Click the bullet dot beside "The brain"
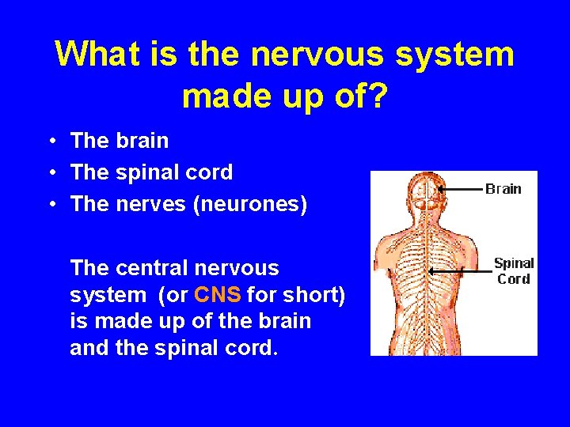click(x=50, y=142)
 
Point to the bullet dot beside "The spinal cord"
click(x=50, y=173)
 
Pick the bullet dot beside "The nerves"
click(x=50, y=205)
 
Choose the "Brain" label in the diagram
click(x=503, y=189)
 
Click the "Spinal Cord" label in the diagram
click(x=513, y=271)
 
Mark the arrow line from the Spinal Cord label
click(x=459, y=271)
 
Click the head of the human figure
click(x=427, y=194)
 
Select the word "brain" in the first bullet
click(x=142, y=142)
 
